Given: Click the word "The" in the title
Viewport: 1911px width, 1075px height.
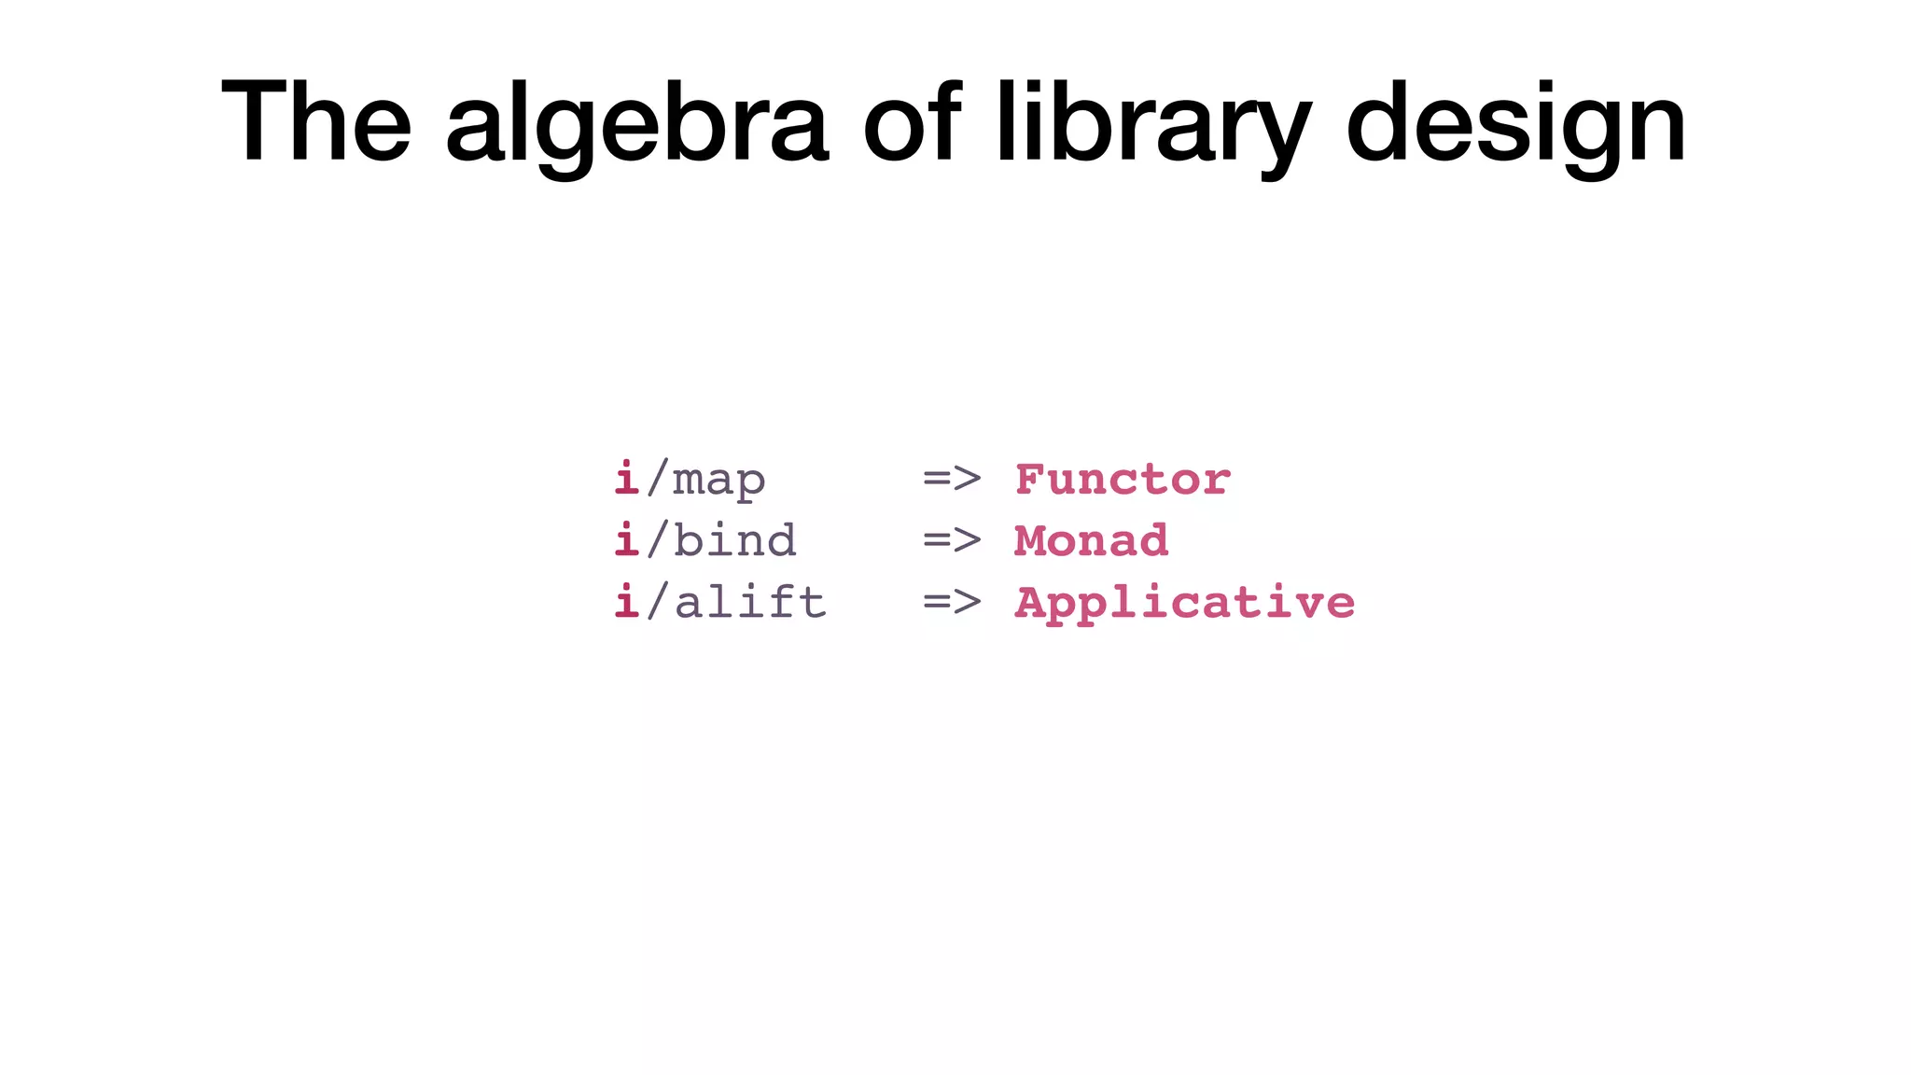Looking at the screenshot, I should [316, 121].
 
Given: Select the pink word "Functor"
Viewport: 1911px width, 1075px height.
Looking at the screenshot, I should [1123, 480].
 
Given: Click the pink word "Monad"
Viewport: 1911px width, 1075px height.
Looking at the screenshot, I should [1091, 541].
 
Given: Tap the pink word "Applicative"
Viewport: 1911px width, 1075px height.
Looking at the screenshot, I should [1184, 603].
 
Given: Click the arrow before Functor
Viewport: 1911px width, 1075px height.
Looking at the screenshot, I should [952, 480].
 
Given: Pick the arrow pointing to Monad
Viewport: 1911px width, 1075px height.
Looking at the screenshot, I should [952, 541].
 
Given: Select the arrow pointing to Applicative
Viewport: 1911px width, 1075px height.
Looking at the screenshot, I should [952, 603].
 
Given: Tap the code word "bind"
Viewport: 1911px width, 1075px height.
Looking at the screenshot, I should [734, 541].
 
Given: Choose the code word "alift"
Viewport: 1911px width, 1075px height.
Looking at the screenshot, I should [749, 603].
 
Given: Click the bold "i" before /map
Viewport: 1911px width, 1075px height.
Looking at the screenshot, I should [627, 479].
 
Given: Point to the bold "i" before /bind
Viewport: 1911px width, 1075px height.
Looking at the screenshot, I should [627, 540].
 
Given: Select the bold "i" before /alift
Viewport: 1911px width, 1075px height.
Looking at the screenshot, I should [627, 602].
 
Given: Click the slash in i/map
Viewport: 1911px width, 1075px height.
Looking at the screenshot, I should [657, 479].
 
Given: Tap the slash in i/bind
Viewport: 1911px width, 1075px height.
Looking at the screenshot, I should [657, 540].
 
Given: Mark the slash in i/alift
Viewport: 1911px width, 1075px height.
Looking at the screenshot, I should [657, 602].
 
